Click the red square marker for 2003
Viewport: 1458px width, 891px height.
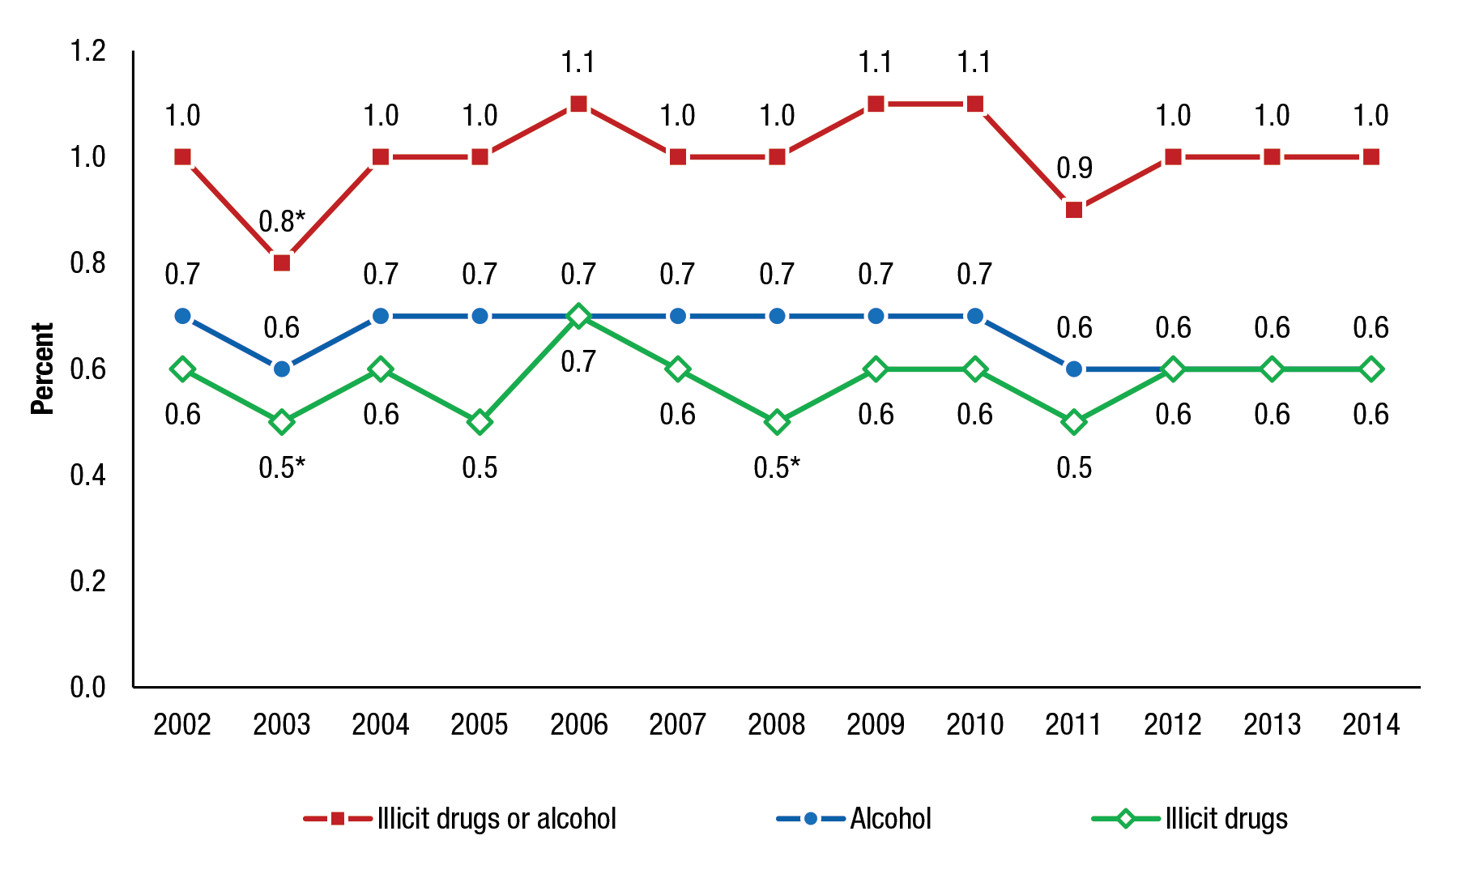[282, 262]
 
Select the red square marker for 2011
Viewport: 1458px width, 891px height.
[1074, 210]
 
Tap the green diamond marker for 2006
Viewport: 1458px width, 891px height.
[578, 316]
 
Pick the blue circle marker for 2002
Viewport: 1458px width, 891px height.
[183, 316]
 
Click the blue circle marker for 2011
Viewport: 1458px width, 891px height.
[1074, 369]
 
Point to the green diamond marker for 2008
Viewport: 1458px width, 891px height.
[777, 422]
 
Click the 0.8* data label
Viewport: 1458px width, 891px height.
[282, 221]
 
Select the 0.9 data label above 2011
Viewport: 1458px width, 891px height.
[1074, 168]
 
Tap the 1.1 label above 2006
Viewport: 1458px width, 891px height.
[578, 62]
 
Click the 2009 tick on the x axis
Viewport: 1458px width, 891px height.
[876, 724]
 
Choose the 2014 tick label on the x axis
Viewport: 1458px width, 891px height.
[1371, 724]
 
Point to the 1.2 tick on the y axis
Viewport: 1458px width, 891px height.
[88, 51]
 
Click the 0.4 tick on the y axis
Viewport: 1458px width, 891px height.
[88, 475]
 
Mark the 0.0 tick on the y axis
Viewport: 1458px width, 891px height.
[88, 687]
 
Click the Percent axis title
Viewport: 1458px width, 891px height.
[42, 369]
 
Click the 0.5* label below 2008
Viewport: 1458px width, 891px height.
[777, 468]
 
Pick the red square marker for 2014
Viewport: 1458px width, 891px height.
[1371, 157]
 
